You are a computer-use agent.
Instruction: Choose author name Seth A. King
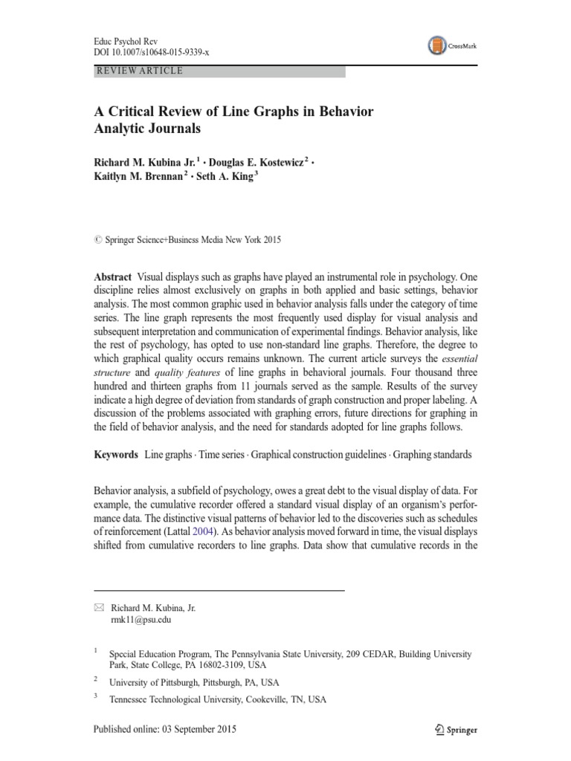tap(226, 177)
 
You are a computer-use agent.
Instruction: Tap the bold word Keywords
tap(116, 453)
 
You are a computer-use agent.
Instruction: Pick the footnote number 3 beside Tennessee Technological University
tap(96, 697)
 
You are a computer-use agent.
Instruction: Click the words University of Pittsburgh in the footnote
tap(155, 682)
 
